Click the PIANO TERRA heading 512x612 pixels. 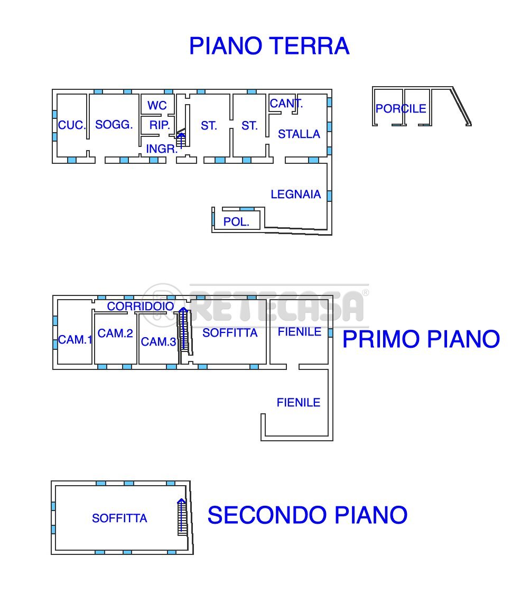pyautogui.click(x=269, y=46)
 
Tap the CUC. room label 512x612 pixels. pyautogui.click(x=72, y=125)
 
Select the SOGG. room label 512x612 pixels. pyautogui.click(x=114, y=125)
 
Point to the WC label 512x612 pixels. pyautogui.click(x=157, y=106)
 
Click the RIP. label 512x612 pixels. pyautogui.click(x=160, y=125)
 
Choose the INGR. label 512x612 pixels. pyautogui.click(x=162, y=149)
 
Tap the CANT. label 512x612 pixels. pyautogui.click(x=286, y=104)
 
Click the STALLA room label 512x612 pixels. pyautogui.click(x=299, y=134)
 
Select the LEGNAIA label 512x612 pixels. pyautogui.click(x=296, y=194)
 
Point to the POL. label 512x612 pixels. pyautogui.click(x=236, y=222)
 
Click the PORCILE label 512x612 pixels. pyautogui.click(x=401, y=109)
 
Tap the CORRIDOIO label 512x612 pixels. pyautogui.click(x=141, y=307)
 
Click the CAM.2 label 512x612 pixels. pyautogui.click(x=115, y=333)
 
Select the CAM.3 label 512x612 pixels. pyautogui.click(x=159, y=342)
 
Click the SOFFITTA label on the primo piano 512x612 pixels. pyautogui.click(x=230, y=333)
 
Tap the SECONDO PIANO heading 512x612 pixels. pyautogui.click(x=307, y=515)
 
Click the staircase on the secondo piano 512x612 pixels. pyautogui.click(x=182, y=517)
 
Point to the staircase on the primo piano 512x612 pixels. pyautogui.click(x=184, y=330)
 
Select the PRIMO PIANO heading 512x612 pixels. pyautogui.click(x=421, y=339)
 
